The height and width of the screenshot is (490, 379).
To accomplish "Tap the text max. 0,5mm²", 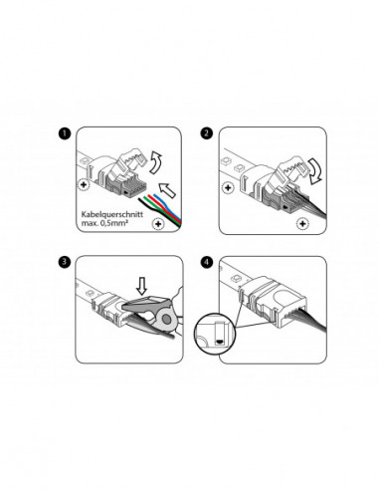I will [x=99, y=227].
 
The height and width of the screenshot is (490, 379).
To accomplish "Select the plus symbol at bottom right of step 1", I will [x=157, y=226].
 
